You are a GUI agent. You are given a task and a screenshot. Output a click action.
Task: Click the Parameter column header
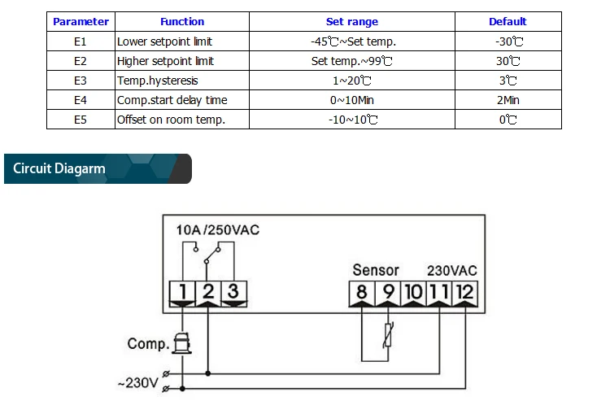81,21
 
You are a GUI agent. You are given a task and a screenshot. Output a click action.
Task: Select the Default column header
508,21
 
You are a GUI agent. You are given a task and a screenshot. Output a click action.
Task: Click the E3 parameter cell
81,81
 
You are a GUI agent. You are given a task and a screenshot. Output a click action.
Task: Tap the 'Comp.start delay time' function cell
172,100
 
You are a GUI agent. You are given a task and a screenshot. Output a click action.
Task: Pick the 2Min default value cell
508,100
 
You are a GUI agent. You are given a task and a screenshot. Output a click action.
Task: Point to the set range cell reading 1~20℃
351,81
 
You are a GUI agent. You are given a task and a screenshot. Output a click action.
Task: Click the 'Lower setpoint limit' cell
164,41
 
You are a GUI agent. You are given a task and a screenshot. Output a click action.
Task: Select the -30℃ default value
509,41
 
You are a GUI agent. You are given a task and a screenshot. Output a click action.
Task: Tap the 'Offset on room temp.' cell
171,120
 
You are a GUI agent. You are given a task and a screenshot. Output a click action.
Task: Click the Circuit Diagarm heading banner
98,168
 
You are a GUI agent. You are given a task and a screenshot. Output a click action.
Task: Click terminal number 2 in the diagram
208,291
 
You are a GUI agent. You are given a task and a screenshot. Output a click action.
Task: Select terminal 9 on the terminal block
388,292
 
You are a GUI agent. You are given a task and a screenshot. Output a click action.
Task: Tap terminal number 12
465,292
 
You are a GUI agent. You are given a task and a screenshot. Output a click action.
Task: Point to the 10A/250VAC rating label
218,230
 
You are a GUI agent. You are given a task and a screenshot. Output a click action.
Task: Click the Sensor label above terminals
376,270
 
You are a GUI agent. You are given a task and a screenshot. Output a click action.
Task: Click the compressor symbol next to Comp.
182,342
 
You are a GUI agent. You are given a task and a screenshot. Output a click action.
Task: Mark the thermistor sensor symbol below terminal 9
388,334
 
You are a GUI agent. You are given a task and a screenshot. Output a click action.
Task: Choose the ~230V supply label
138,383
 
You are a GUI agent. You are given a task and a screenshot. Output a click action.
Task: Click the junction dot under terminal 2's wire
208,373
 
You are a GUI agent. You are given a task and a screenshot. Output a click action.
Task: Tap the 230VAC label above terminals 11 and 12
452,270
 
